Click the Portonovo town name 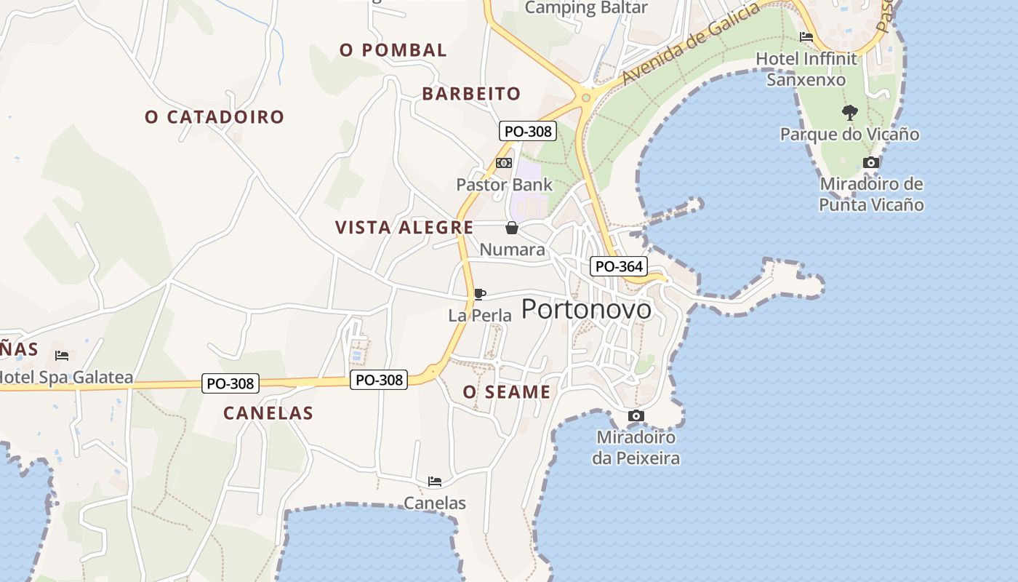[586, 309]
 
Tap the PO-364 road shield [619, 267]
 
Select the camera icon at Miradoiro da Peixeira [636, 416]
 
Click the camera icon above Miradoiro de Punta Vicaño [870, 162]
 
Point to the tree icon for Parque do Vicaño [849, 113]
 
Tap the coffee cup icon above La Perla [479, 294]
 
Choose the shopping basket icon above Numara [512, 228]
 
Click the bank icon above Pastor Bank [504, 163]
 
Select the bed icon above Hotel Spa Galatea [62, 356]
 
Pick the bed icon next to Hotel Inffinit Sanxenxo [806, 37]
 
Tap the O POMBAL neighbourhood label [393, 50]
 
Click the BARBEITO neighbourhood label [471, 94]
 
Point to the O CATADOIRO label [215, 117]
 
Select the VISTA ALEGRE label [404, 228]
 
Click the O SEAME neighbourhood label [507, 392]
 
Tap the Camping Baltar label [586, 8]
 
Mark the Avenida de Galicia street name [691, 43]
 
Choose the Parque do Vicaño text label [849, 135]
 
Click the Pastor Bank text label [504, 185]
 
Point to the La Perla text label [480, 316]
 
